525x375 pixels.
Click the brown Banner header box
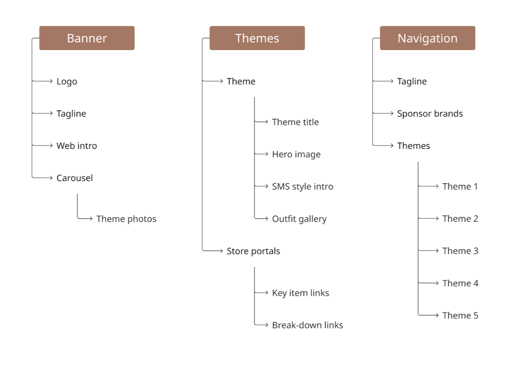click(x=87, y=38)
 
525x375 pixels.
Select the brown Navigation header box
click(x=427, y=38)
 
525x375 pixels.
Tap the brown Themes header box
click(x=257, y=38)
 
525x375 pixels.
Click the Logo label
click(x=67, y=81)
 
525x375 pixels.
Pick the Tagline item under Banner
click(x=71, y=113)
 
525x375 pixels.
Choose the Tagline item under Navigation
click(x=412, y=81)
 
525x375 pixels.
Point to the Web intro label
click(x=77, y=146)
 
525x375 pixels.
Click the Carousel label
click(x=75, y=178)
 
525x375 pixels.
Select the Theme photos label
click(x=126, y=219)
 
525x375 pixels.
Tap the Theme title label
click(x=295, y=122)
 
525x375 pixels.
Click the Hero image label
click(x=296, y=154)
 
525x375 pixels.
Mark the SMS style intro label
click(x=302, y=187)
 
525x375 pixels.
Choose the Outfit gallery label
click(x=299, y=219)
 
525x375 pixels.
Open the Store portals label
click(x=253, y=251)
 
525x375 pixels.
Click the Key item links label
click(x=301, y=293)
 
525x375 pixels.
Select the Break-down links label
click(x=307, y=325)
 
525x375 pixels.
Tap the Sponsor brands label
click(x=430, y=113)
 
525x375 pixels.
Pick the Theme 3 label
click(x=460, y=251)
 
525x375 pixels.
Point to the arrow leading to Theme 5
click(x=429, y=315)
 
